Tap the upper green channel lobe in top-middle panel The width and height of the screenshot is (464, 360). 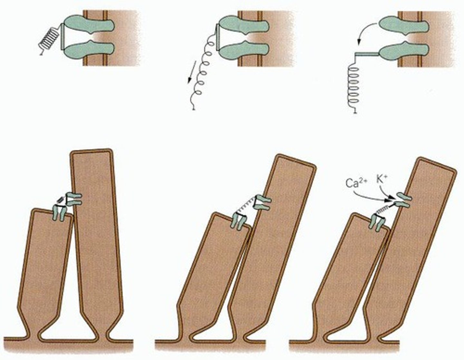(243, 24)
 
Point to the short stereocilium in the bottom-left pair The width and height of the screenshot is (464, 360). (45, 264)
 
